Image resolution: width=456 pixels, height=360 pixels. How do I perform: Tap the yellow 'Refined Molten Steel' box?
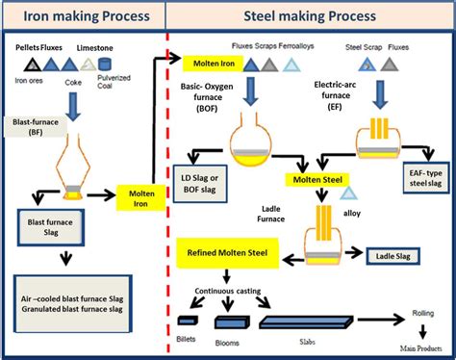(x=228, y=253)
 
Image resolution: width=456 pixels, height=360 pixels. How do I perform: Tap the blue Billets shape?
(x=188, y=321)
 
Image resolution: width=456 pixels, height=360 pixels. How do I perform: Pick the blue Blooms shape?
(x=234, y=321)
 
